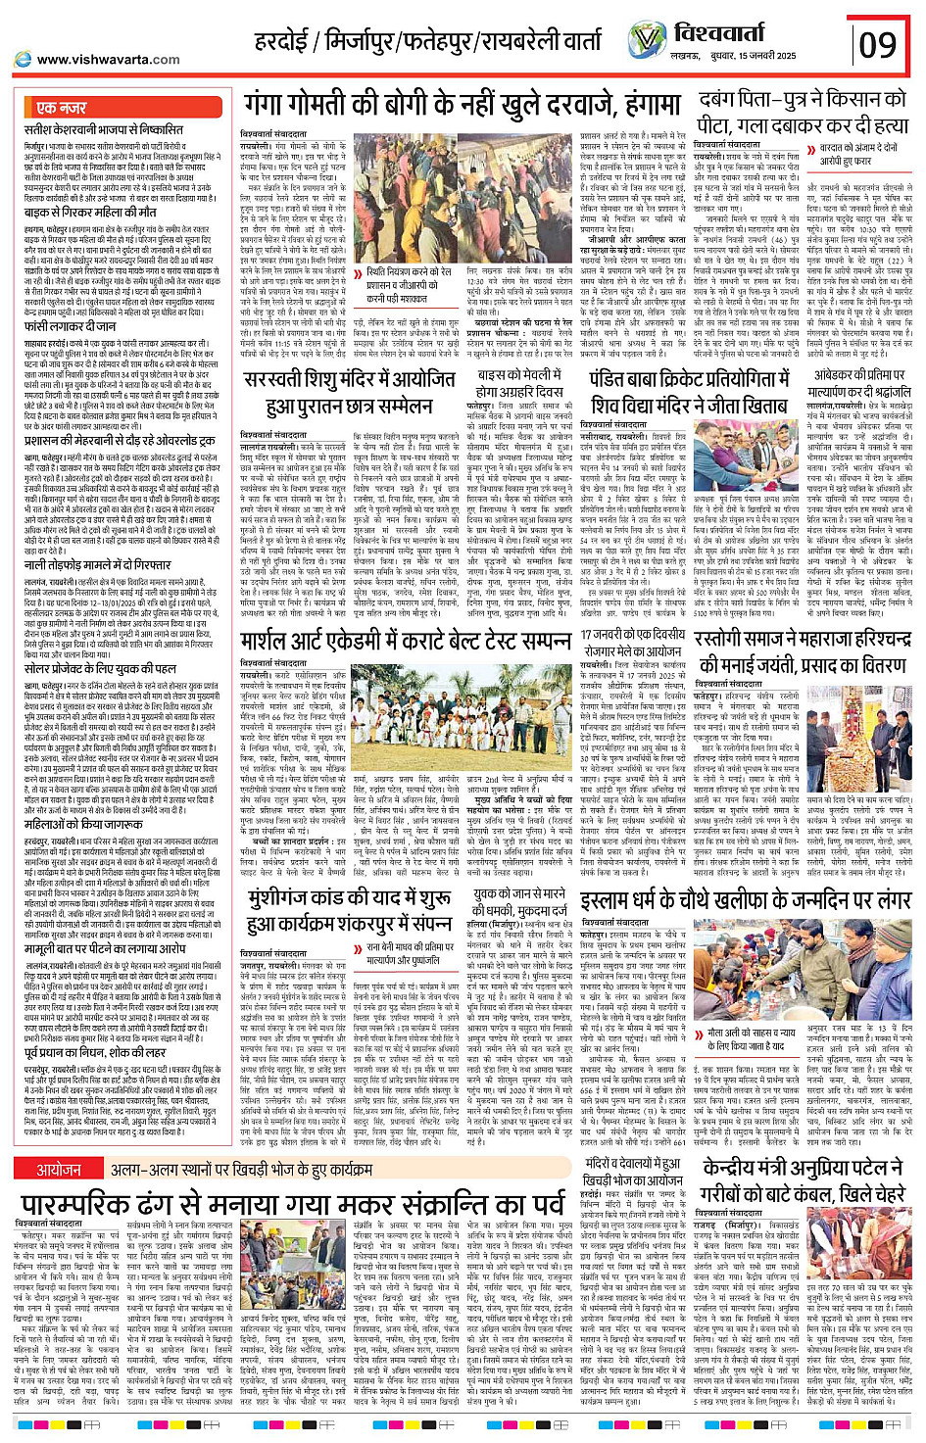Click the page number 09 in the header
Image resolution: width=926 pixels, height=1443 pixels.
point(877,44)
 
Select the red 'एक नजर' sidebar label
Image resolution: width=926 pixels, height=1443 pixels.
point(62,107)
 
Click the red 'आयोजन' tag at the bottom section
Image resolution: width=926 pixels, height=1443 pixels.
point(59,1170)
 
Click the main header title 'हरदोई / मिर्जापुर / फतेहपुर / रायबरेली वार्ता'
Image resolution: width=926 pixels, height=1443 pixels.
point(427,42)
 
